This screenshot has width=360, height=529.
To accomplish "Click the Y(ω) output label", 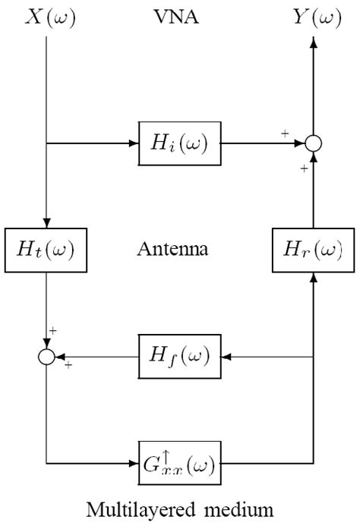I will click(313, 17).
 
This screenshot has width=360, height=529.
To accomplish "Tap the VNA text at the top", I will click(179, 17).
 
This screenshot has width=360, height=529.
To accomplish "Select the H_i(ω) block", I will click(180, 142).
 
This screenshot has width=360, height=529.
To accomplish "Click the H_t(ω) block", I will click(46, 247).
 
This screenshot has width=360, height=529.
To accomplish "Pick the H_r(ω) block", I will click(313, 247).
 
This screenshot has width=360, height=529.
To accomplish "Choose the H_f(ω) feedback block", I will click(180, 355).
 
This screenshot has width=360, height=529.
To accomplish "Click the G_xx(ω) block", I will click(180, 461).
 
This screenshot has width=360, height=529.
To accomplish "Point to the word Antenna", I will click(179, 248).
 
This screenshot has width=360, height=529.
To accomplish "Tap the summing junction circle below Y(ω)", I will click(313, 142).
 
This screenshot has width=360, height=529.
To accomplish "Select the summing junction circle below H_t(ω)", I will click(47, 355).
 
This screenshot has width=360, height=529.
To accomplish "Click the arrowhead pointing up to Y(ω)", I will click(313, 44).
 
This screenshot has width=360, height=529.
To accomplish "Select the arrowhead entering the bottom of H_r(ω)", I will click(313, 277).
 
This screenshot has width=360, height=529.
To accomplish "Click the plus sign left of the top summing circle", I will click(285, 134).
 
